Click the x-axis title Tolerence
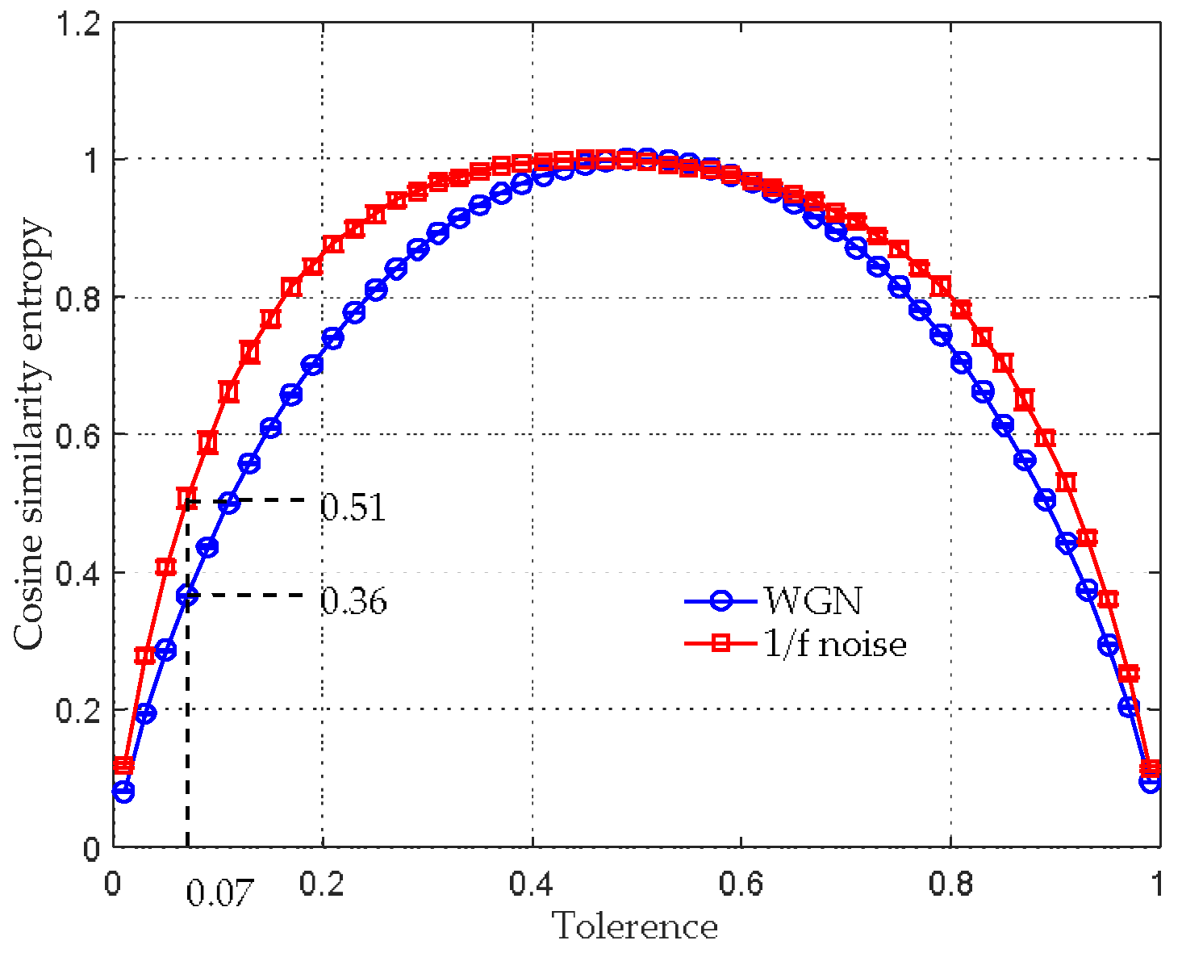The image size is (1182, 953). coord(635,926)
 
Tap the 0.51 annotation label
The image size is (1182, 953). coord(353,508)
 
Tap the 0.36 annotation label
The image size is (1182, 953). coord(353,601)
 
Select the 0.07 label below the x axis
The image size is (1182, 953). coord(219,893)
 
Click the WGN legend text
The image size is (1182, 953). coord(813,600)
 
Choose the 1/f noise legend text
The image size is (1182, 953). coord(835,643)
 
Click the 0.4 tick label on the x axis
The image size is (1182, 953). coord(531,884)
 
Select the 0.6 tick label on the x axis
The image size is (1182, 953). coord(741,884)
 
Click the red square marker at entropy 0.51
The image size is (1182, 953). coord(186,498)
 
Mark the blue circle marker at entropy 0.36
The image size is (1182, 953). coord(187,596)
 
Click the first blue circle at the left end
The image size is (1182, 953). coord(123,792)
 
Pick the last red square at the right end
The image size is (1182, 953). coord(1150,767)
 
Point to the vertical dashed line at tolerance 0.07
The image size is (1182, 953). coord(187,726)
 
